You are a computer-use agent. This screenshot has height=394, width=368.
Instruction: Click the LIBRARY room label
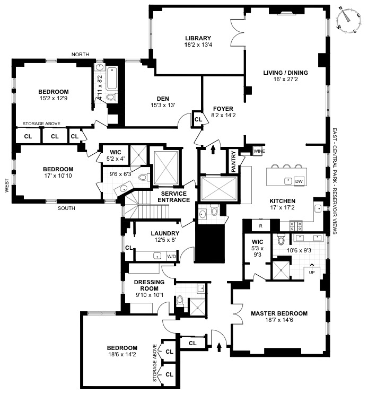coord(198,38)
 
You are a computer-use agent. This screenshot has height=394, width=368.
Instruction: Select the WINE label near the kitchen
coord(259,151)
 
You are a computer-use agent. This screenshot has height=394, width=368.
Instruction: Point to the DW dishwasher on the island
coord(299,181)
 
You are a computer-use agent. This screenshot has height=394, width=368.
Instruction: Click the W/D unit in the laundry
coord(171,256)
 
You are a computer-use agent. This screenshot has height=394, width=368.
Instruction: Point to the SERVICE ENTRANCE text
coord(173,197)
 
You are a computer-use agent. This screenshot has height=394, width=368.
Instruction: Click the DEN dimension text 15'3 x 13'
coord(163,104)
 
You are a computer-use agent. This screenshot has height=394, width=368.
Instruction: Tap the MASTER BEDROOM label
coord(279,313)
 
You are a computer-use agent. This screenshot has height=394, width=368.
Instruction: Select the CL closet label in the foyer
coord(198,120)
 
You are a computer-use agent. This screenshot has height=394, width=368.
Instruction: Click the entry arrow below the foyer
coord(213,150)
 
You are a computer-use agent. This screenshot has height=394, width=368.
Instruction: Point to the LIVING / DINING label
coord(285,73)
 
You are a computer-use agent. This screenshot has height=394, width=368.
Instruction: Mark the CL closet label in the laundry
coord(129,247)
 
